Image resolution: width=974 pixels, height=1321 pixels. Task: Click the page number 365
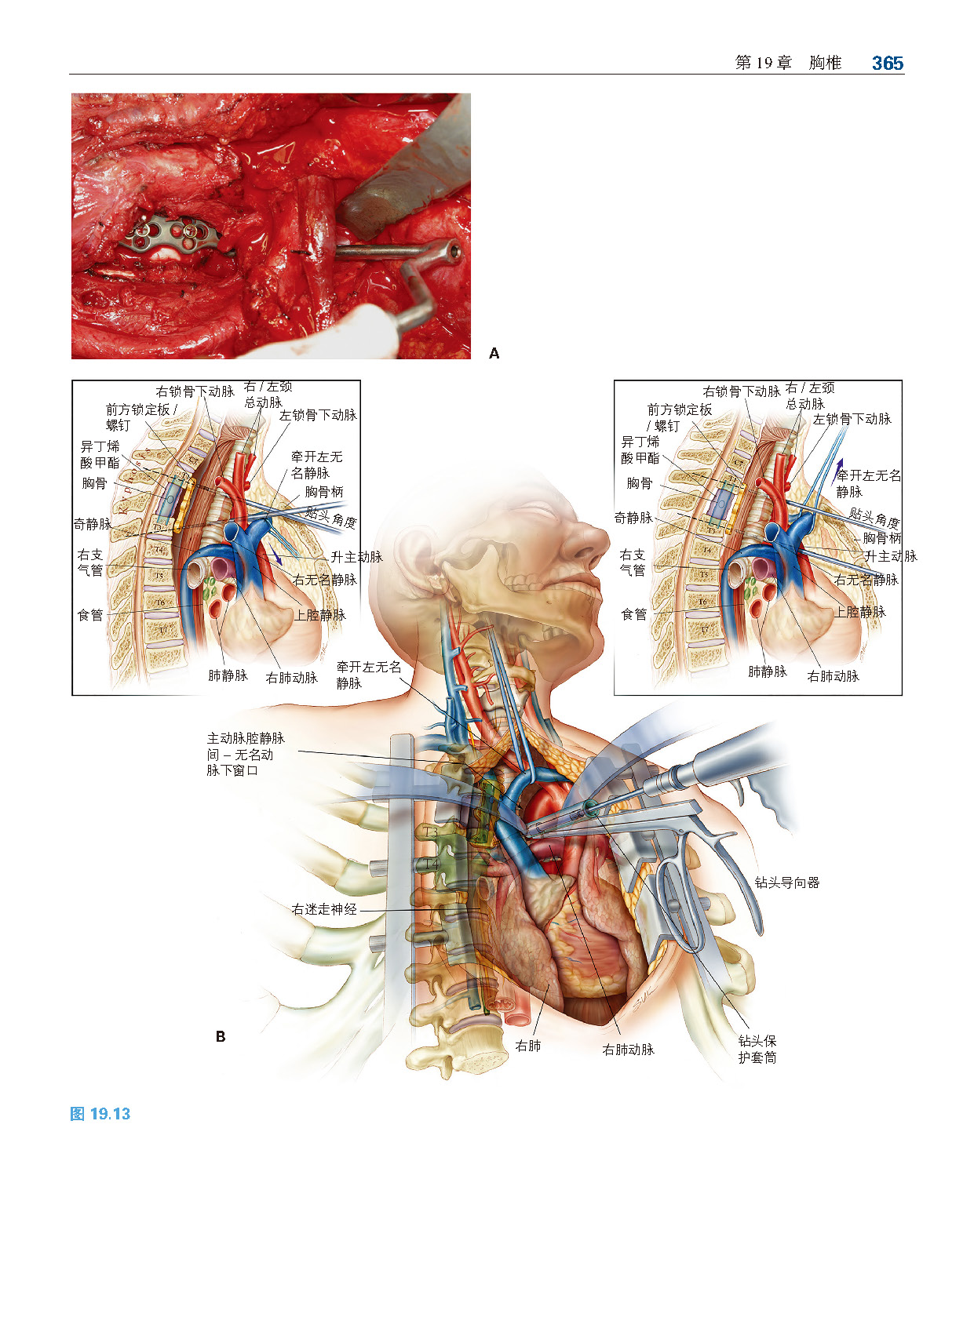coord(887,64)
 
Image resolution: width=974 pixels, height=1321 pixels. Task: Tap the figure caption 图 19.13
coord(100,1114)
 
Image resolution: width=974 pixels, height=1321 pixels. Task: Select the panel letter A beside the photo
coord(494,354)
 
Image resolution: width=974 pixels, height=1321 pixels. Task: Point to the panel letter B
coord(221,1037)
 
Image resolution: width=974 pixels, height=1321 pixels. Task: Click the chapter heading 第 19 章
coord(763,64)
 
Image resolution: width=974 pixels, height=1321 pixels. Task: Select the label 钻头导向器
coord(786,882)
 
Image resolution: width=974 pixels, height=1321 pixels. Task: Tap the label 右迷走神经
coord(323,909)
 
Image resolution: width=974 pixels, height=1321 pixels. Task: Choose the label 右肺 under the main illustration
coord(527,1046)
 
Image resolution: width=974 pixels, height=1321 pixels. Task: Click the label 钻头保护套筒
coord(757,1049)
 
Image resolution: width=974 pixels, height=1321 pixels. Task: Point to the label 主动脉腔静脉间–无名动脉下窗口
coord(245,754)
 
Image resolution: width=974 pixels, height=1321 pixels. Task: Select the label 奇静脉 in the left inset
coord(92,523)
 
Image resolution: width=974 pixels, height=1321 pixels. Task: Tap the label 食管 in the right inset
coord(633,614)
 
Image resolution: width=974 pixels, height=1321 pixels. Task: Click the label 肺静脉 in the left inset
coord(228,675)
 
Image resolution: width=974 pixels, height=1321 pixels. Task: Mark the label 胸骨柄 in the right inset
coord(881,538)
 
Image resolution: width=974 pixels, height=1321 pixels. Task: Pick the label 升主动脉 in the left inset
coord(356,556)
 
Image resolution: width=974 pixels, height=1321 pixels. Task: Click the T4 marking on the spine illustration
coord(431,864)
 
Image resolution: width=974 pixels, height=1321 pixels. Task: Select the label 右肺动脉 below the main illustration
coord(628,1050)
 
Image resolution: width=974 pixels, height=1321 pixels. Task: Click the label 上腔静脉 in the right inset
coord(860,612)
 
